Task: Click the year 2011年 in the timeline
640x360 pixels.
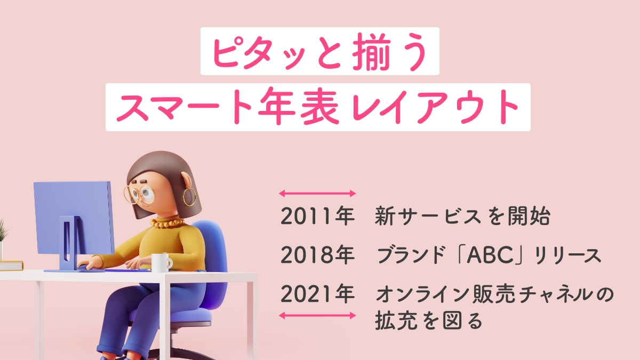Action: click(x=317, y=216)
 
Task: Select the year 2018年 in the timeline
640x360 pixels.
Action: click(x=317, y=255)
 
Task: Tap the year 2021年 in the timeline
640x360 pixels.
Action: click(x=317, y=294)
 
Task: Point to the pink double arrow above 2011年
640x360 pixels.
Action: click(x=317, y=194)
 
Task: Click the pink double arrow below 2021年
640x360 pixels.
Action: click(x=317, y=315)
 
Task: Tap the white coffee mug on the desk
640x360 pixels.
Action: click(x=162, y=263)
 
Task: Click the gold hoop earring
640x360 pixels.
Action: click(x=189, y=197)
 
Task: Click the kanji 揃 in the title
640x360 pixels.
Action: click(x=372, y=51)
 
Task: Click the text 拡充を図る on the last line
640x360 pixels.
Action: click(x=429, y=321)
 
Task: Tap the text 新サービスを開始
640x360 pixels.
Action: click(x=462, y=216)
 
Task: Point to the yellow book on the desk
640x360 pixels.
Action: click(x=11, y=266)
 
